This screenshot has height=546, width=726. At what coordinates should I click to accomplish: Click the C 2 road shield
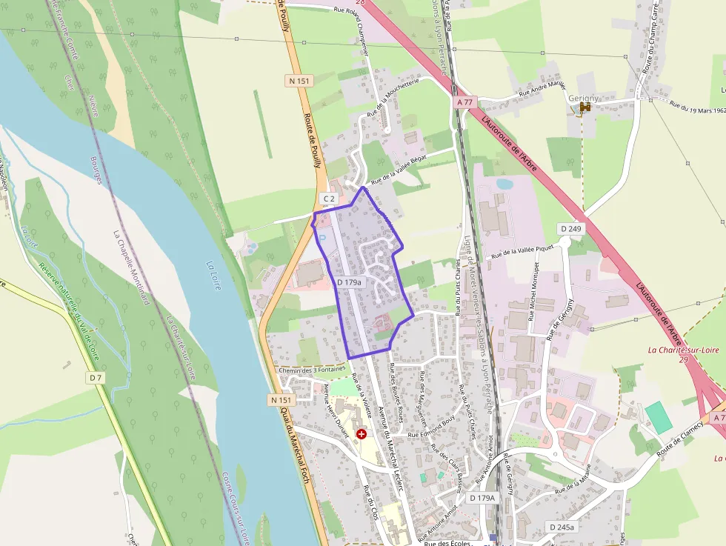[x=329, y=199]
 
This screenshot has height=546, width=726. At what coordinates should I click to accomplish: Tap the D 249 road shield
[x=570, y=228]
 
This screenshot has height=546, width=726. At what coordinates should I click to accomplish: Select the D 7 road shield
[x=96, y=378]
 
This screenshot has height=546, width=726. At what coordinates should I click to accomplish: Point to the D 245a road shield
[x=562, y=527]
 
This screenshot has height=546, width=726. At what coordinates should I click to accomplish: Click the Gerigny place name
[x=583, y=97]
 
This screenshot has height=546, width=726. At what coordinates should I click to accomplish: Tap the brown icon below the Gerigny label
[x=585, y=108]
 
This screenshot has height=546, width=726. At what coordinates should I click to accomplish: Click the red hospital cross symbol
[x=362, y=433]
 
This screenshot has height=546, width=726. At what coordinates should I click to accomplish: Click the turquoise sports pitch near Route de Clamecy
[x=659, y=417]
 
